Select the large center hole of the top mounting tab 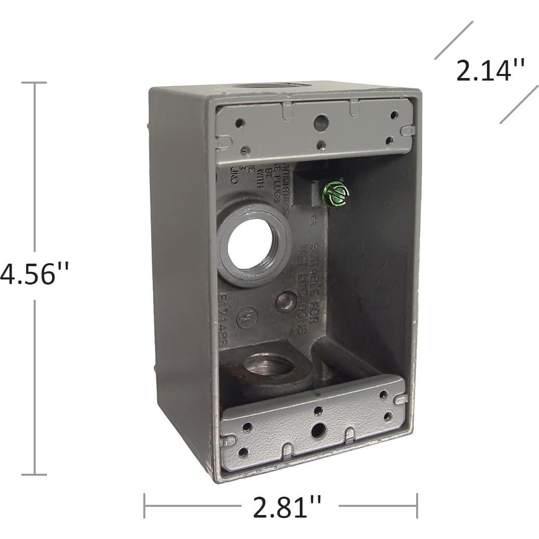point(320,121)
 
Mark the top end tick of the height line point(35,83)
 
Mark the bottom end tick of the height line point(35,474)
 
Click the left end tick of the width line point(145,505)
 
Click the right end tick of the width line point(417,505)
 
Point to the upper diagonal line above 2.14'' point(453,40)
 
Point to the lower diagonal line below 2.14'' point(519,104)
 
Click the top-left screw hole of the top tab point(238,123)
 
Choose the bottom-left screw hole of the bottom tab point(243,451)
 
